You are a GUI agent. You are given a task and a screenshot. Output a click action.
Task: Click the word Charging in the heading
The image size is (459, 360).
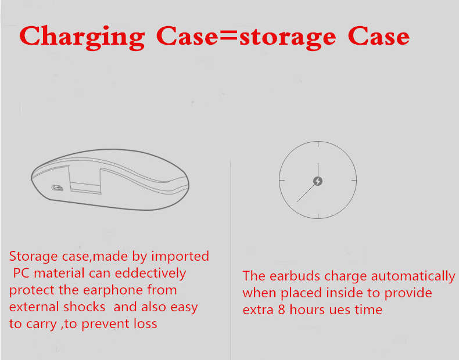click(x=83, y=37)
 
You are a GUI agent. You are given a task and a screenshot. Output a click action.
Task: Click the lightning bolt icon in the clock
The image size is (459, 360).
click(x=318, y=181)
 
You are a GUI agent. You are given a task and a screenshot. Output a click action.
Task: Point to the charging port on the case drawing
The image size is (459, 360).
click(x=58, y=188)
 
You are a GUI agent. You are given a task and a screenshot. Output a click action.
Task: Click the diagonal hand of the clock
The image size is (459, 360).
click(x=306, y=193)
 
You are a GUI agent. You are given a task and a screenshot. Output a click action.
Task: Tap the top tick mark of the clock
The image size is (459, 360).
click(x=318, y=145)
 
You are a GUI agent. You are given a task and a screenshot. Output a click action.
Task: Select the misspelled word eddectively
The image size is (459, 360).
click(x=150, y=273)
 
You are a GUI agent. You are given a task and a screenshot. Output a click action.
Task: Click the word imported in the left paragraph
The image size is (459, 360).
click(x=180, y=257)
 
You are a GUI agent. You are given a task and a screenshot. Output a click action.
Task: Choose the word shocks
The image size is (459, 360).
click(x=84, y=307)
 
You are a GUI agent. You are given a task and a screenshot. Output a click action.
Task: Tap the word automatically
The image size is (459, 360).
click(x=413, y=276)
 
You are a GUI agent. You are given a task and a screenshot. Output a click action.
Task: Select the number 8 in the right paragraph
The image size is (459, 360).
click(x=282, y=309)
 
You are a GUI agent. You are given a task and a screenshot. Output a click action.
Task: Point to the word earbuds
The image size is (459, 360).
click(x=295, y=276)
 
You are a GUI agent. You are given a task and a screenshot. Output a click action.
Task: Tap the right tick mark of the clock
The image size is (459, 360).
click(x=353, y=180)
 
